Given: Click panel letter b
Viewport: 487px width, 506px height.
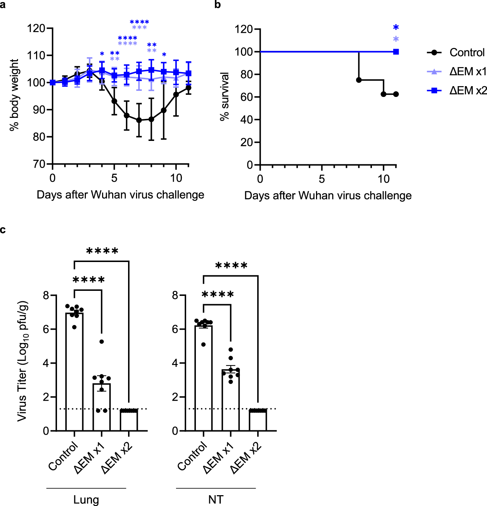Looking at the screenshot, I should click(x=218, y=5).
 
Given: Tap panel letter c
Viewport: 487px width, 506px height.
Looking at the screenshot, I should click(x=3, y=230).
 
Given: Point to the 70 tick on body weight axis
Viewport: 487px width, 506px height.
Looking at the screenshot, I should click(x=39, y=164).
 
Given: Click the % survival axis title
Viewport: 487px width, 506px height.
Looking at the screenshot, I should click(x=224, y=97).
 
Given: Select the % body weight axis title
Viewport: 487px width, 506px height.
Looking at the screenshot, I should click(x=14, y=95).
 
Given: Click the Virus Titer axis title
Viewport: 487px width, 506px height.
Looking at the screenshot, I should click(x=22, y=361).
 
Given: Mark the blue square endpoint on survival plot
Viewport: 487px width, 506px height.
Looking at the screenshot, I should click(x=396, y=52).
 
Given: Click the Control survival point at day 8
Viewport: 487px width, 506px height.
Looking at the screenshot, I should click(x=359, y=80).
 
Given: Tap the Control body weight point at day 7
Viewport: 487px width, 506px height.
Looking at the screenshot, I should click(x=139, y=120).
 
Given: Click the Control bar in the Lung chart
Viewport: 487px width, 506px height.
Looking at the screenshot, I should click(x=74, y=371).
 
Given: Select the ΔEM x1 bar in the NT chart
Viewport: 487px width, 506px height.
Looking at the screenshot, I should click(x=231, y=400).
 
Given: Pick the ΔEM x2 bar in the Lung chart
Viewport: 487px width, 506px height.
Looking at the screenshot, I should click(x=129, y=420).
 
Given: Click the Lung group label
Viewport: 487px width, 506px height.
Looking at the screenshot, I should click(x=86, y=500).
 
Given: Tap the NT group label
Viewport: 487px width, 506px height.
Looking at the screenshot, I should click(x=216, y=500).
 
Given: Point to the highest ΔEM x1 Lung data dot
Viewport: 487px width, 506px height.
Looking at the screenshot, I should click(x=102, y=341).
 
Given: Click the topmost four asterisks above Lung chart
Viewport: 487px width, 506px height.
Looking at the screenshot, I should click(x=102, y=251).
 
